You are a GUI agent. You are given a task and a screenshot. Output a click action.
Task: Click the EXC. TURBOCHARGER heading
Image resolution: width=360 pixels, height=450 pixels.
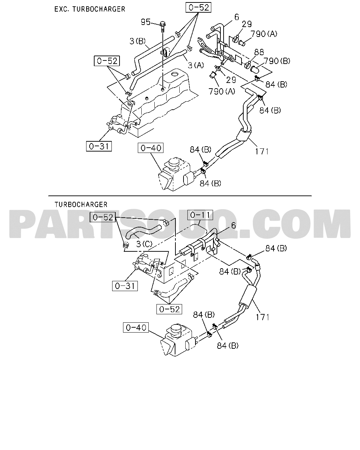90,9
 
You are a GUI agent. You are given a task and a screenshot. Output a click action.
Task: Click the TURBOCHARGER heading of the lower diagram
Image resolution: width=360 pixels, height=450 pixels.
81,205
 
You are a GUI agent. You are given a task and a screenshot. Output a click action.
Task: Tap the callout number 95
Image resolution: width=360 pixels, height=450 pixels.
146,22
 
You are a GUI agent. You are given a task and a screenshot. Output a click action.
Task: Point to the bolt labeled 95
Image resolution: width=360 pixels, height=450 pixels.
162,27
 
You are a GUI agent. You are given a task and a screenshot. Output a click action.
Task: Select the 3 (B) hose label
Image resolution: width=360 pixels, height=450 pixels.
137,41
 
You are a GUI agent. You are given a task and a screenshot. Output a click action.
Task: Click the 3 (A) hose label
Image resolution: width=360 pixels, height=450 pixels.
196,65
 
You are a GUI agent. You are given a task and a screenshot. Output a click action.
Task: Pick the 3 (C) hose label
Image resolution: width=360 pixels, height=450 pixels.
144,244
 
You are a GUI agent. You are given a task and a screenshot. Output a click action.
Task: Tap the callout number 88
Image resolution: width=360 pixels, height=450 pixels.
259,52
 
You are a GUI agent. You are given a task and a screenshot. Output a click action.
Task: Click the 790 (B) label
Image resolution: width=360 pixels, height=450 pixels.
277,61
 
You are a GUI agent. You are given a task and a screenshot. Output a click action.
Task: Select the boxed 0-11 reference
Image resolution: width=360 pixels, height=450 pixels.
200,215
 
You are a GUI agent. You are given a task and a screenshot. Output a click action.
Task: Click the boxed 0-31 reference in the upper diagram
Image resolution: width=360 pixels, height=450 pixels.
99,146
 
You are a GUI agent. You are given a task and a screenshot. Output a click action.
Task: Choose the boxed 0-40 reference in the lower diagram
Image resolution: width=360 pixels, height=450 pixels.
136,327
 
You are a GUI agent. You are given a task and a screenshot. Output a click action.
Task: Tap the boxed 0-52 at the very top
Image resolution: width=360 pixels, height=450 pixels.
199,7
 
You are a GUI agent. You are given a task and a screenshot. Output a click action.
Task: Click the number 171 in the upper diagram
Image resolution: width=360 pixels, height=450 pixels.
262,152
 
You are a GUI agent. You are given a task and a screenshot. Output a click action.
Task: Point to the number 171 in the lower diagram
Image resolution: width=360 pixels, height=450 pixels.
263,317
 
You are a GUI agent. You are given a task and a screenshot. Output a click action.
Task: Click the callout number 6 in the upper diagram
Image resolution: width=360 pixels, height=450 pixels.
237,17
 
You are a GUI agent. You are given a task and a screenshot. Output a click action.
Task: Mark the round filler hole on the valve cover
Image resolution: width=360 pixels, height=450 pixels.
174,74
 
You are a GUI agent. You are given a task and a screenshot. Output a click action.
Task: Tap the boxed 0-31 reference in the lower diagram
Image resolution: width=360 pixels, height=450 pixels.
125,286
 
